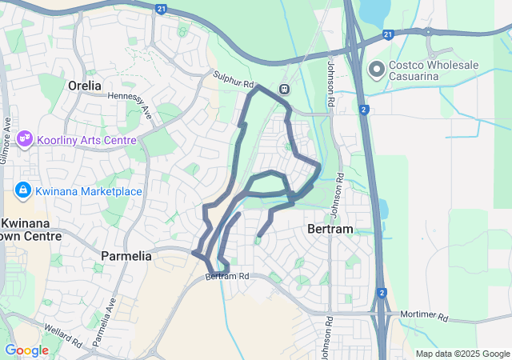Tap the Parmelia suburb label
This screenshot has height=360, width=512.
tap(126, 256)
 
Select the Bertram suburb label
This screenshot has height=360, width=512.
tap(330, 230)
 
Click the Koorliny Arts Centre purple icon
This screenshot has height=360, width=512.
tap(25, 139)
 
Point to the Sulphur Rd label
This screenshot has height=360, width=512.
tap(233, 79)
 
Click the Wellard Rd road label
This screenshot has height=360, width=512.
tap(65, 337)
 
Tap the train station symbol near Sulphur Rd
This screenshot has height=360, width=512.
tap(284, 89)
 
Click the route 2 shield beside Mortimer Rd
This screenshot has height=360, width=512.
tap(382, 294)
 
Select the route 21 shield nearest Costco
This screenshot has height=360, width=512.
tap(388, 34)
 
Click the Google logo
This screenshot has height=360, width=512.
tap(26, 350)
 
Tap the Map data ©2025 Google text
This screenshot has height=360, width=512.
tap(462, 354)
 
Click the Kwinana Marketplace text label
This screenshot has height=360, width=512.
tap(89, 191)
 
